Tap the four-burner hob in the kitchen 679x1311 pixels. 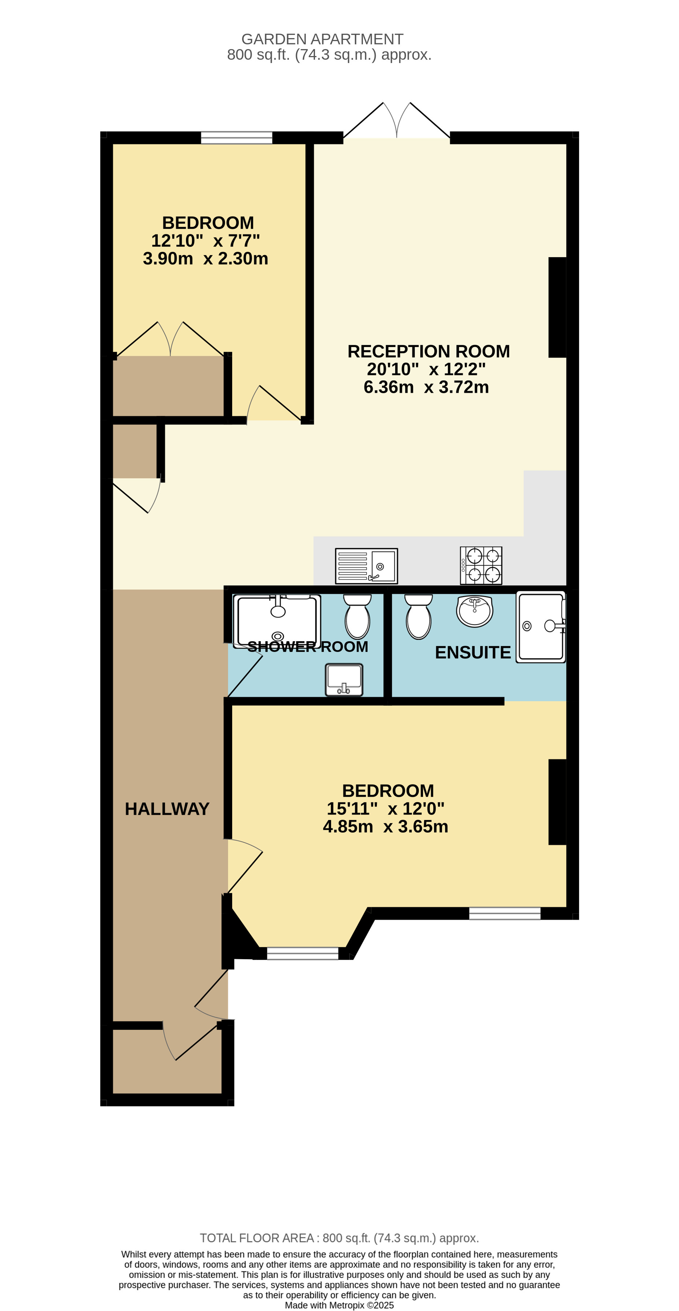(x=481, y=565)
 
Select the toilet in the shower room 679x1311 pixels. (x=357, y=616)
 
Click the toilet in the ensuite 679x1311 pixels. (x=418, y=616)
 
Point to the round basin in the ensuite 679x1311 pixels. (x=475, y=611)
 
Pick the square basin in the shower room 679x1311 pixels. (x=344, y=679)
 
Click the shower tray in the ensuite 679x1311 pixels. (x=540, y=627)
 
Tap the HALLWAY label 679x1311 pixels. (x=167, y=809)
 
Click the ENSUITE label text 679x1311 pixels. (x=472, y=653)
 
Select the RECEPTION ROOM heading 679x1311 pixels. (x=428, y=351)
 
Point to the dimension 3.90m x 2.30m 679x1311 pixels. (x=205, y=259)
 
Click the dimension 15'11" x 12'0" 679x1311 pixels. (x=386, y=808)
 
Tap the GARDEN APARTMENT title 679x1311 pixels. (x=322, y=39)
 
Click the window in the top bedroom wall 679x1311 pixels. (x=237, y=137)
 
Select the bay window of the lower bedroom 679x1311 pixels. (x=303, y=953)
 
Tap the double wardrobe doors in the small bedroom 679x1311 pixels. (x=170, y=340)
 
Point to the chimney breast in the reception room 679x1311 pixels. (x=557, y=307)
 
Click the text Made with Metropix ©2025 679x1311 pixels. (x=339, y=1305)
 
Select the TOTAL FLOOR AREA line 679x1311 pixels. (x=339, y=1238)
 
